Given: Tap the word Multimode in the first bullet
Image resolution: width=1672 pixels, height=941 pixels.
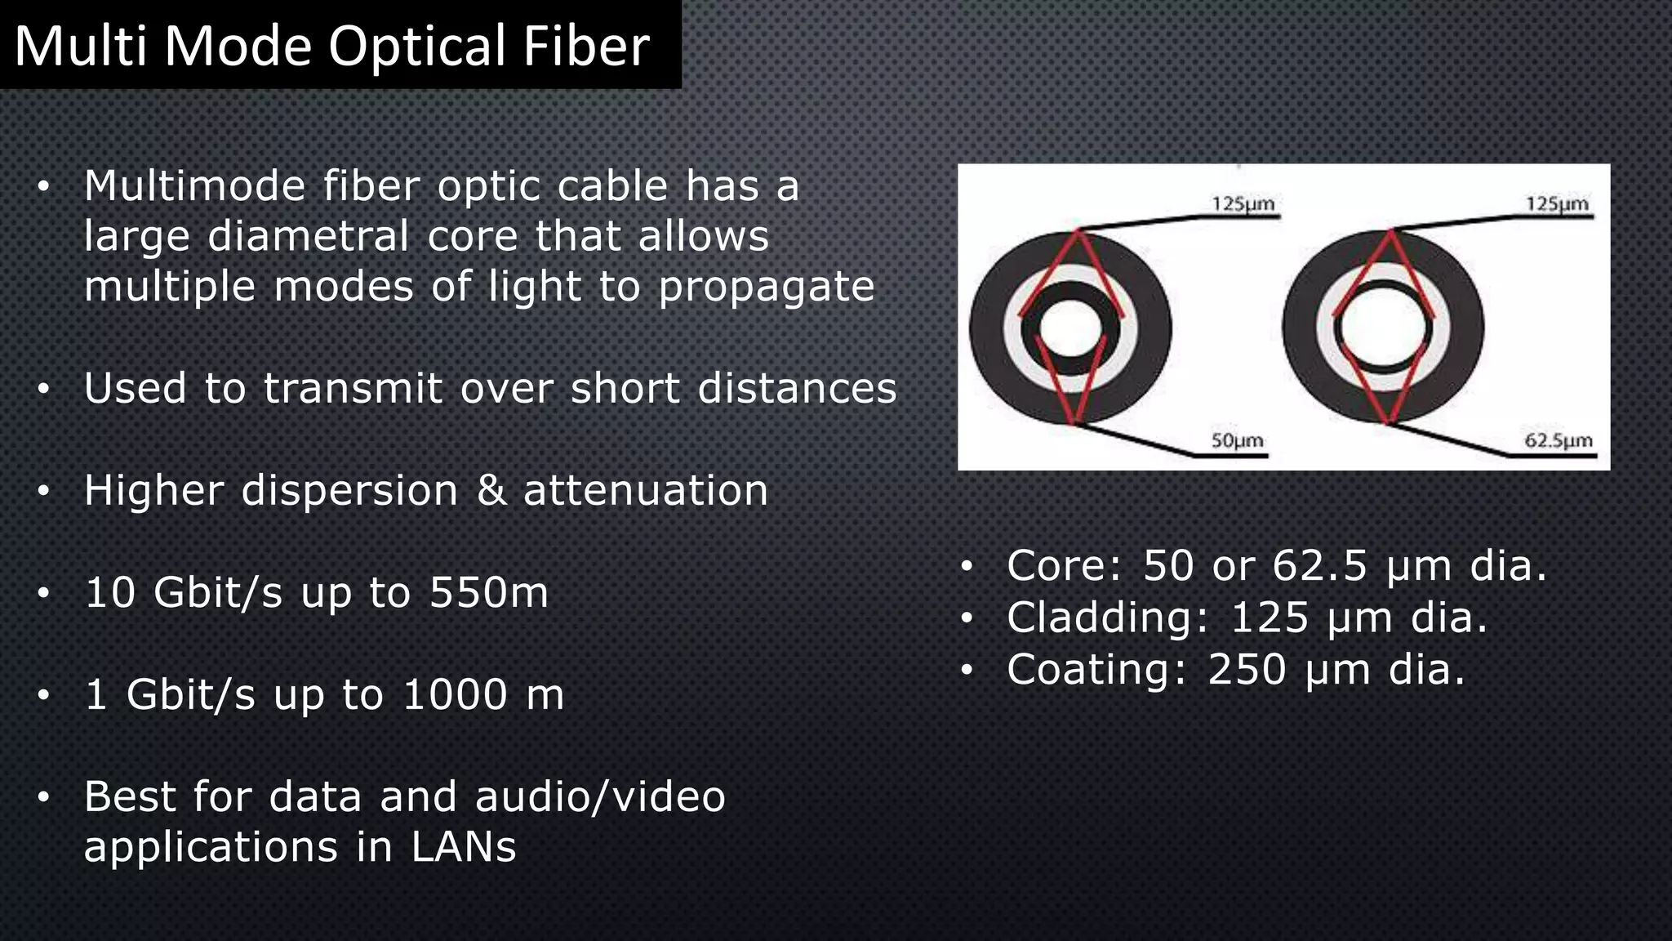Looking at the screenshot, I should pos(194,186).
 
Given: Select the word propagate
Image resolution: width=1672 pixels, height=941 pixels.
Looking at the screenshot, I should pos(767,288).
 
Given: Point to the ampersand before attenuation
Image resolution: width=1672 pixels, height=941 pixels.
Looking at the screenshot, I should pos(491,491).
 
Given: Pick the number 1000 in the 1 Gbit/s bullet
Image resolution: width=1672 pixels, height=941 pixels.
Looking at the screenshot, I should pos(455,695).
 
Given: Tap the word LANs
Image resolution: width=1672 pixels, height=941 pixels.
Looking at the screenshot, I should pos(463,847).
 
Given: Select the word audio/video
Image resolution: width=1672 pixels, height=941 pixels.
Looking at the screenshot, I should pos(600,796).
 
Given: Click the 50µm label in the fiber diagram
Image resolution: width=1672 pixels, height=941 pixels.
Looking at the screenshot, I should pos(1237,441).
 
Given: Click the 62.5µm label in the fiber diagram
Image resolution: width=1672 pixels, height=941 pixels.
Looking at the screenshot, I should pos(1558,441).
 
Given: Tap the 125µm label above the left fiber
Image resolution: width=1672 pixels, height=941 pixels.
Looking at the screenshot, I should pos(1243,203).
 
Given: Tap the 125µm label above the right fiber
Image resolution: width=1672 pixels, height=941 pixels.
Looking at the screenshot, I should pos(1557,203).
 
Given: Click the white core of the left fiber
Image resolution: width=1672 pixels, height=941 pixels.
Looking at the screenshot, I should pos(1070,328).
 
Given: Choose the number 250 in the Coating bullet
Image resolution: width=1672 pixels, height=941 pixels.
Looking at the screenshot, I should pos(1247,670).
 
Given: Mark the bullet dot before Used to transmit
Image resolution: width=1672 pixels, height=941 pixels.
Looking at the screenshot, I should pos(43,389).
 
